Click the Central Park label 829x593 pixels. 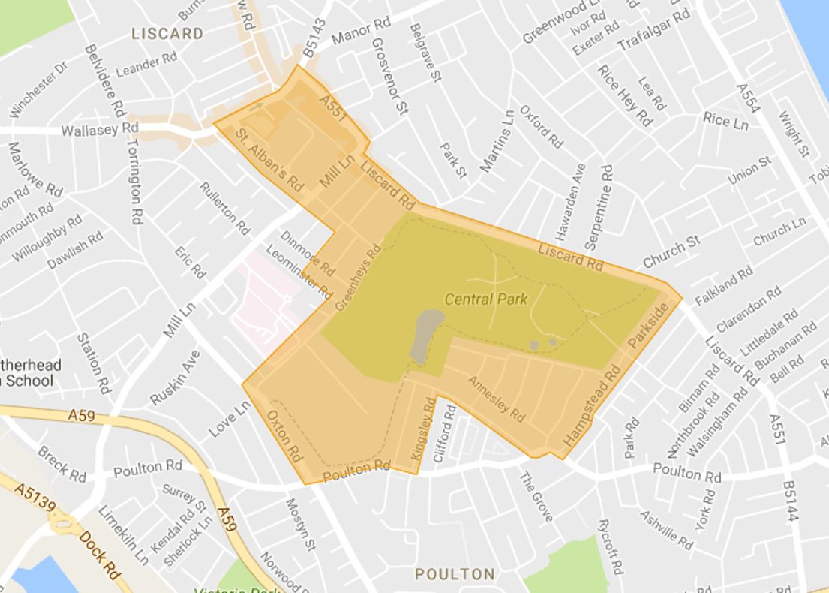click(485, 300)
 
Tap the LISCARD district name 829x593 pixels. click(167, 34)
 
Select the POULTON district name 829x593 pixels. click(455, 574)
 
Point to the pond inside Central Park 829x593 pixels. click(425, 334)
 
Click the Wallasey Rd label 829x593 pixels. click(100, 130)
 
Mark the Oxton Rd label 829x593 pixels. click(284, 435)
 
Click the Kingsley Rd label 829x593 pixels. click(423, 429)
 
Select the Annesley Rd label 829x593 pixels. click(496, 398)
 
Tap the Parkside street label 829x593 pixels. click(647, 327)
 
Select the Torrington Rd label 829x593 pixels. click(134, 182)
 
